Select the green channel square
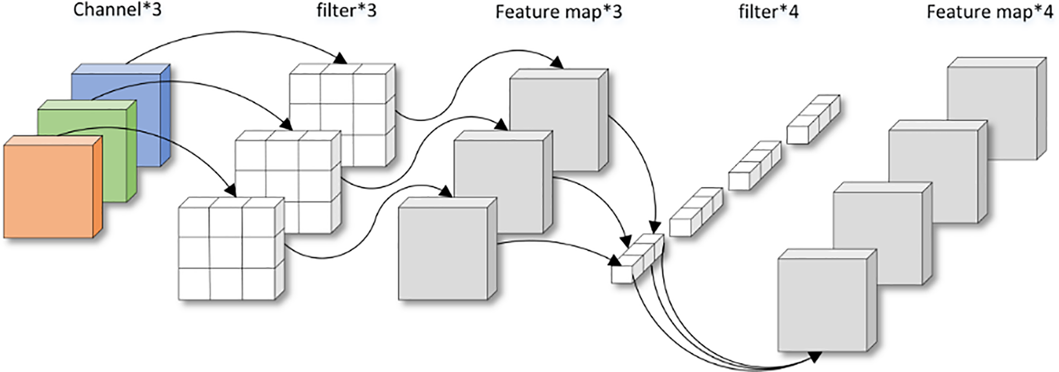(x=87, y=151)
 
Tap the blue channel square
(x=121, y=115)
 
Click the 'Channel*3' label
(x=117, y=10)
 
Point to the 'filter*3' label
(x=347, y=10)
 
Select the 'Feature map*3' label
(x=558, y=12)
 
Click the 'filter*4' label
(x=768, y=11)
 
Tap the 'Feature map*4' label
(x=990, y=12)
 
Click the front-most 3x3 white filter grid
(x=232, y=248)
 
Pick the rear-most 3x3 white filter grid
(x=342, y=115)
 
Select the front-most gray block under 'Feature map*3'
(x=448, y=249)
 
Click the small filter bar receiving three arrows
(x=638, y=259)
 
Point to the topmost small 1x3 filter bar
(x=814, y=119)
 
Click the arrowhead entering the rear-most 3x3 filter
(x=341, y=58)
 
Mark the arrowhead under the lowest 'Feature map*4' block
(x=814, y=356)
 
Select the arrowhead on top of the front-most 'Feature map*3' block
(x=446, y=191)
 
